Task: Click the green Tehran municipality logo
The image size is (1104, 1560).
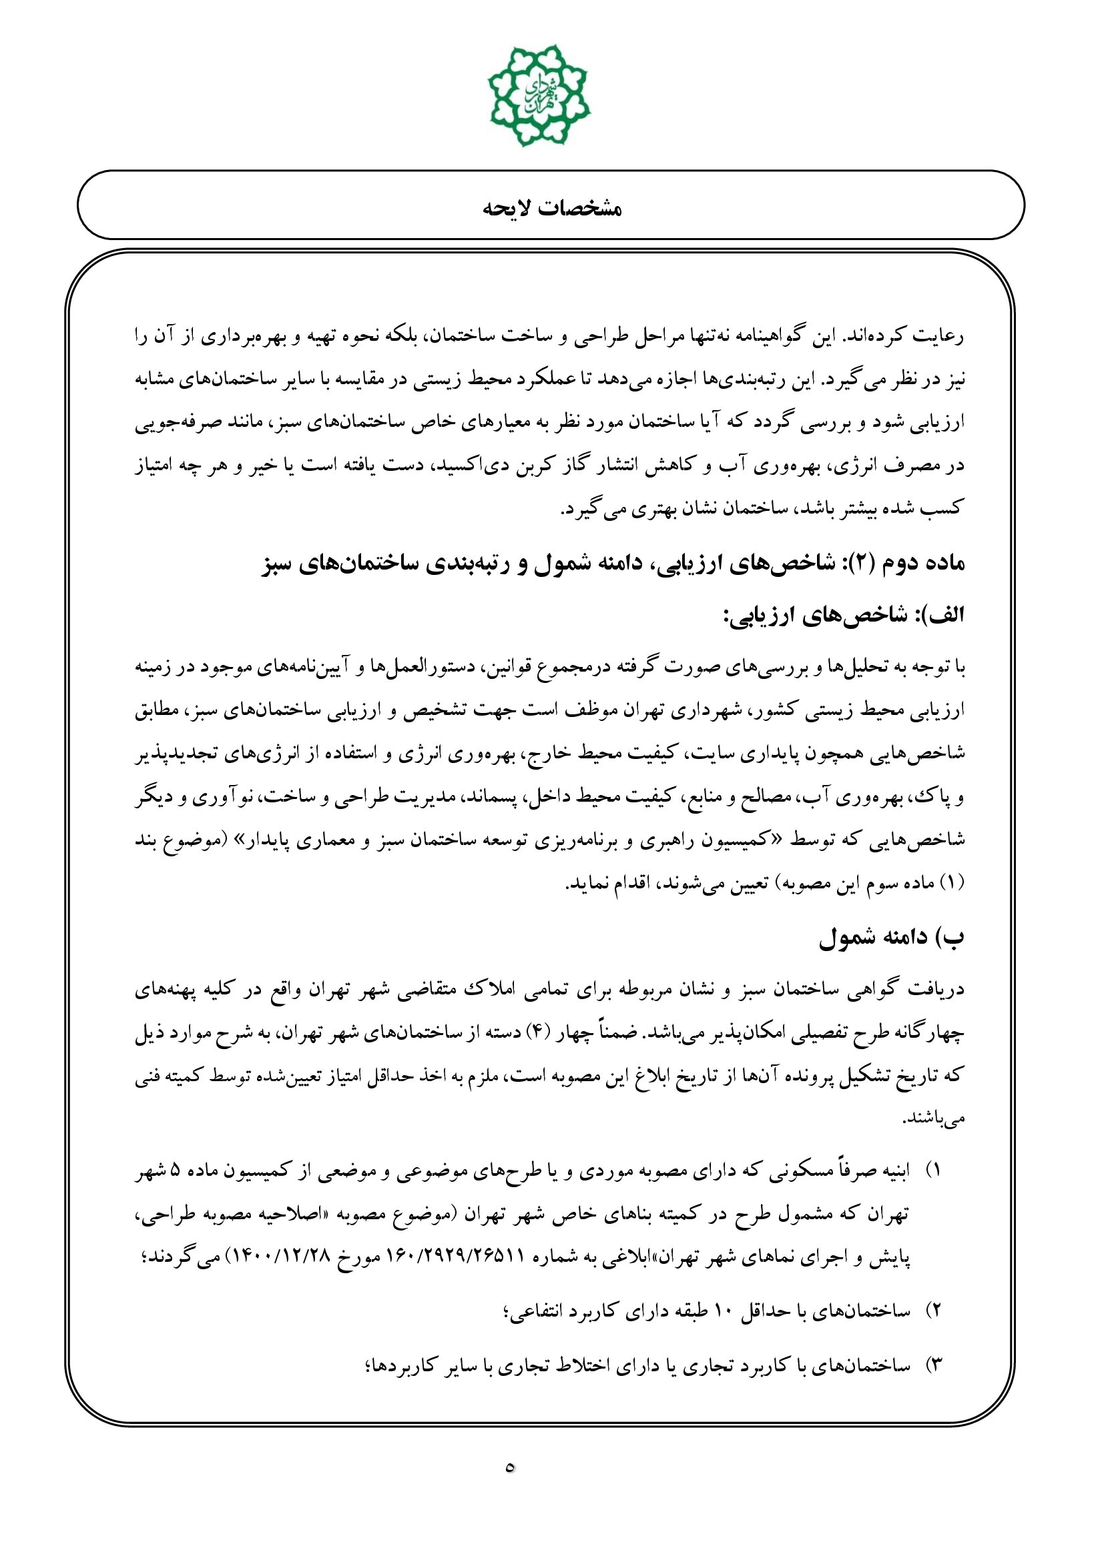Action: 539,96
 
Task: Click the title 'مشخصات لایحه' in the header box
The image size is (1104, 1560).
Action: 551,207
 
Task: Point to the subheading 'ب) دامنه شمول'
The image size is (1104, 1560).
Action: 891,938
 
